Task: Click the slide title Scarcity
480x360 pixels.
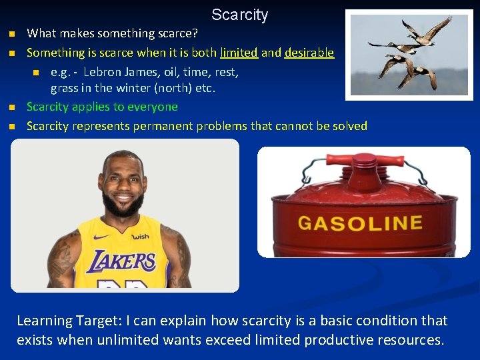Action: [239, 15]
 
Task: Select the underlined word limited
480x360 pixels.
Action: [239, 53]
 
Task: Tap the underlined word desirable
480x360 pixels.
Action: [309, 53]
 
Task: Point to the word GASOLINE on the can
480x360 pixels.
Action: [360, 223]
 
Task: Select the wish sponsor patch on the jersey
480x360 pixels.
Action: [141, 237]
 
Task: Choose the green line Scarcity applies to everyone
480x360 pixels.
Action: [102, 107]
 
